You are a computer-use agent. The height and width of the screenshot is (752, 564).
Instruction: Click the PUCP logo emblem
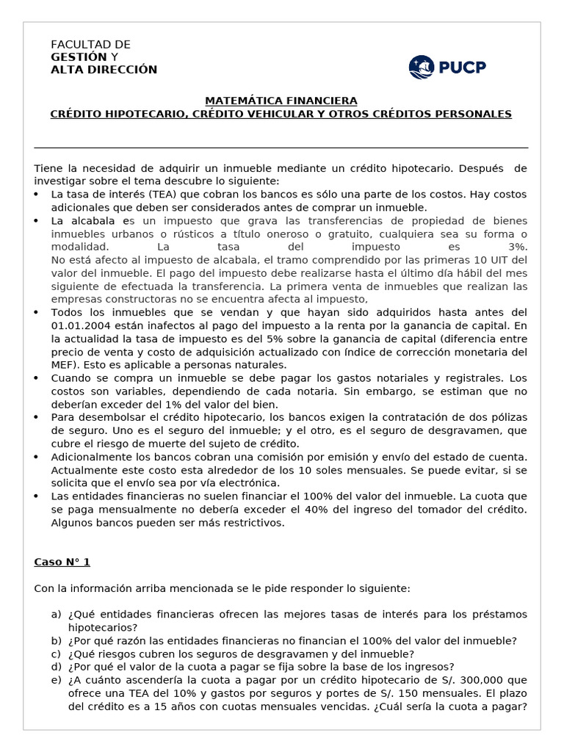tap(422, 68)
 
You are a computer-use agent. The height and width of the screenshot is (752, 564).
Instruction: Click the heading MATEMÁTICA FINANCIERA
tap(281, 101)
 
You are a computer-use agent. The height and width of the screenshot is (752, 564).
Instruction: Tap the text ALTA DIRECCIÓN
tap(104, 70)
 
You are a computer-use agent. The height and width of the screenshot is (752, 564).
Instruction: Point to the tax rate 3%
tap(517, 247)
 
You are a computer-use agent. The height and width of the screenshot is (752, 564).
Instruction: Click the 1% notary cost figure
tap(182, 405)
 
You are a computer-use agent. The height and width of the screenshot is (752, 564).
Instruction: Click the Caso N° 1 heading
tap(62, 562)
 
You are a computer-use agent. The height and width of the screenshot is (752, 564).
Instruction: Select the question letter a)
tap(56, 615)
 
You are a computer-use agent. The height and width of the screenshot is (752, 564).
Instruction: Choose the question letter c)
tap(56, 654)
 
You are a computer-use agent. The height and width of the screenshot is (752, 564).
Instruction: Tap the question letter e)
tap(56, 681)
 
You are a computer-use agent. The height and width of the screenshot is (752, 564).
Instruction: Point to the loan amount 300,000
tap(474, 681)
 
